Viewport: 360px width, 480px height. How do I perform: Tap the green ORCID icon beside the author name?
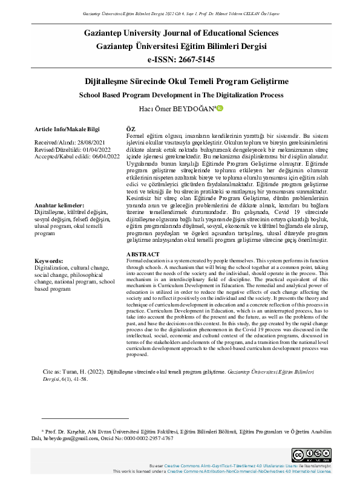[220, 108]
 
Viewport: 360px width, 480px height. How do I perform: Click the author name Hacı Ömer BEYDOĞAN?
[176, 109]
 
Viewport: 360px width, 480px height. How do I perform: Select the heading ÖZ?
[130, 130]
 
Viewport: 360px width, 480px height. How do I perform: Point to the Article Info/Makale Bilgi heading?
[67, 130]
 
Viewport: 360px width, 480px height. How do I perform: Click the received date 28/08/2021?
[90, 143]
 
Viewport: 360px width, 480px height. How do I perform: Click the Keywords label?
[52, 261]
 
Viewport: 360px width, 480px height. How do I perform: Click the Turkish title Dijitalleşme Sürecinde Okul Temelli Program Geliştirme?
[180, 81]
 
